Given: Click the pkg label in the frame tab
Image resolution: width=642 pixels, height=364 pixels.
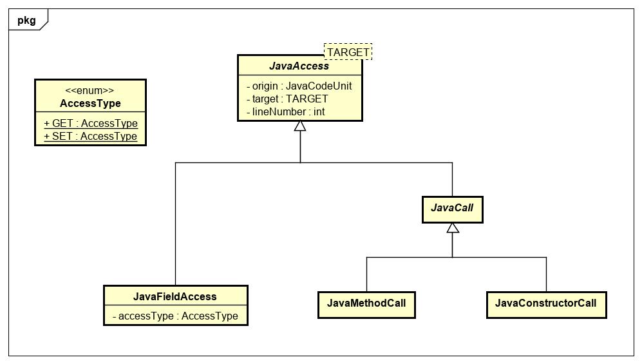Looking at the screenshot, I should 26,20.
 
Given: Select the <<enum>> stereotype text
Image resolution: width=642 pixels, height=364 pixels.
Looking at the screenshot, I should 90,91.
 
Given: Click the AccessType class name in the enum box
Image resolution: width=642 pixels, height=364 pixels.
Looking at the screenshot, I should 90,103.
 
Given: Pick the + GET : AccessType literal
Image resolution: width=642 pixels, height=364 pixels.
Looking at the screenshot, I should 90,123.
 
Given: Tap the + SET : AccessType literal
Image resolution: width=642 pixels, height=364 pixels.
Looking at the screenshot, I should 90,136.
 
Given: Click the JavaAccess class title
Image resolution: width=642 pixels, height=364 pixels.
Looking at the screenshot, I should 300,66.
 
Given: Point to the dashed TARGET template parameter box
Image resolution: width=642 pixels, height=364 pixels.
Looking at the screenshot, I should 348,52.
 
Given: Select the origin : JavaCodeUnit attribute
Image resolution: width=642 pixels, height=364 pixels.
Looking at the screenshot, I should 299,86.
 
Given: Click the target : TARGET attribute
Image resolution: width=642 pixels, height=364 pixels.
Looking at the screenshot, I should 287,99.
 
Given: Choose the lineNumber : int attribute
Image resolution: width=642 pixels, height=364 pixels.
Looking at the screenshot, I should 285,111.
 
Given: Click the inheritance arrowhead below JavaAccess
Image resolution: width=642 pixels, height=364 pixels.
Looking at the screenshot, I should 300,126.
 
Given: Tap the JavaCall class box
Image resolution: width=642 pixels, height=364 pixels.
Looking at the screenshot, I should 452,209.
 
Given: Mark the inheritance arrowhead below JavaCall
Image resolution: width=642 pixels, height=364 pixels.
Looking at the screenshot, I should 452,228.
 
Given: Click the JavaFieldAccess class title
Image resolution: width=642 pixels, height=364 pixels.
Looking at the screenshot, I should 175,296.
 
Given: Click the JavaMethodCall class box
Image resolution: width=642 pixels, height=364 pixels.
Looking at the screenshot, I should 366,303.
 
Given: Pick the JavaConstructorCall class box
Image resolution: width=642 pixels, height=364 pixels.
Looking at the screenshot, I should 546,303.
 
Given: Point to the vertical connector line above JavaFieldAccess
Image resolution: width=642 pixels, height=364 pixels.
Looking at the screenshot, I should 175,225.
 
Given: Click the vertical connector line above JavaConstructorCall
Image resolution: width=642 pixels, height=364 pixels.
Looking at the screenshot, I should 546,274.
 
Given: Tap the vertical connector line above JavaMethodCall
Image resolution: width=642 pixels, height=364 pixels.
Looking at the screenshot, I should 366,274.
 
